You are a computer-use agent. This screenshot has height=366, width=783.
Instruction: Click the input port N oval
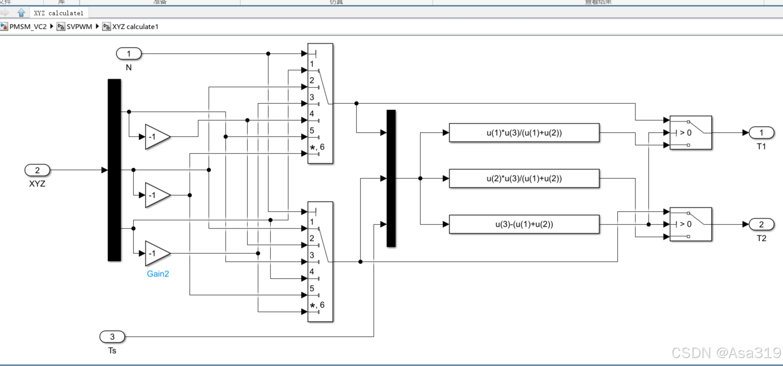click(129, 54)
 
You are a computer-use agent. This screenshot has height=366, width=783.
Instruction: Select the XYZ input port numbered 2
click(37, 170)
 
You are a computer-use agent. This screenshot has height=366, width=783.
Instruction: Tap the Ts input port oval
click(112, 337)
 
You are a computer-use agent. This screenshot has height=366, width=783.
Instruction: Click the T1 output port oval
click(761, 133)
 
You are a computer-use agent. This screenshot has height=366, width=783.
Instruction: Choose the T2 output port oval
click(761, 224)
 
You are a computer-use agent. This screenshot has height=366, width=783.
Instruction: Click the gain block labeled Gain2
click(157, 254)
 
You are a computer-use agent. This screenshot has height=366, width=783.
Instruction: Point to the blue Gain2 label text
click(158, 274)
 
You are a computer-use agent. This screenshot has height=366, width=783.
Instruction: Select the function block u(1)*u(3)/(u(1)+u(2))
click(524, 133)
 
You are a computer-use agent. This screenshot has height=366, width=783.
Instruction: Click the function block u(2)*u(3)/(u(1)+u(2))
click(524, 178)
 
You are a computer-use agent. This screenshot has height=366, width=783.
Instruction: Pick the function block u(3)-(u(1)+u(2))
click(524, 224)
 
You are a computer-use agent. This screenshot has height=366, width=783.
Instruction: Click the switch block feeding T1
click(690, 133)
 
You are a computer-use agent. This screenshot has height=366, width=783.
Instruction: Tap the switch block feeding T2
click(690, 224)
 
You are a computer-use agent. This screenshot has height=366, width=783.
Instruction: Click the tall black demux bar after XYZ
click(114, 170)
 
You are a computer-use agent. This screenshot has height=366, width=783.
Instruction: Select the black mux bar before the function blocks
click(391, 178)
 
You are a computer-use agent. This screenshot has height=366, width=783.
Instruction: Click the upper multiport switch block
click(321, 103)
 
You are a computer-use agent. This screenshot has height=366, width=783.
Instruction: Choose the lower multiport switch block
click(321, 262)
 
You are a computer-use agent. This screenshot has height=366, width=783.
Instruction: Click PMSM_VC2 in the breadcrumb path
click(27, 27)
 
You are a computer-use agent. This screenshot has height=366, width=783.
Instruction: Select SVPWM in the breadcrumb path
click(79, 27)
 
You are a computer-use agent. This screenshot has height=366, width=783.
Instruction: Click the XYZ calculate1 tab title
click(59, 13)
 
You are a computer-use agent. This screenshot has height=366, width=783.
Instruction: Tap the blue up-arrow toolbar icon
click(21, 13)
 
